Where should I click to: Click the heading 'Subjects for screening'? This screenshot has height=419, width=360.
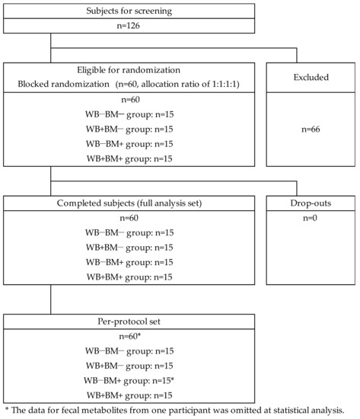click(x=129, y=11)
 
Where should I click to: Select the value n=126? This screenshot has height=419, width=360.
click(x=129, y=26)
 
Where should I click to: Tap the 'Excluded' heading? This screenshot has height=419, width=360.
click(x=311, y=77)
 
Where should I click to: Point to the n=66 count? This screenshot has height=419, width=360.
click(x=311, y=130)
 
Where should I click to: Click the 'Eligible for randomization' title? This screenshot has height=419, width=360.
click(x=129, y=70)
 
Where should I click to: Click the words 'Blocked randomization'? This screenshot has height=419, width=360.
click(x=64, y=84)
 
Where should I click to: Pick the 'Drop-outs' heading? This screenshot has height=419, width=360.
click(x=311, y=203)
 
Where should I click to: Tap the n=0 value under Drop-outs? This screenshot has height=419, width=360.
click(x=310, y=218)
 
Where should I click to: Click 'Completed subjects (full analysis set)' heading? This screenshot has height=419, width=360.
click(x=129, y=203)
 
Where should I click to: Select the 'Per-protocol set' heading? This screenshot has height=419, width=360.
click(x=129, y=321)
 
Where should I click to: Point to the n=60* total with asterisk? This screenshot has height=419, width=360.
click(x=130, y=336)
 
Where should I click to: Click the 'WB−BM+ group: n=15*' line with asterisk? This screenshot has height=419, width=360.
click(x=129, y=380)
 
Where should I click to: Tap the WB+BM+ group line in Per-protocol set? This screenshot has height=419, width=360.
click(x=129, y=395)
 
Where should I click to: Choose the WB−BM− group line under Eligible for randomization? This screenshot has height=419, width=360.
click(x=129, y=114)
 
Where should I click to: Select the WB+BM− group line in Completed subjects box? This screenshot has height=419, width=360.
click(x=129, y=248)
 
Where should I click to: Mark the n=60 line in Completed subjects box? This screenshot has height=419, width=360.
click(x=129, y=218)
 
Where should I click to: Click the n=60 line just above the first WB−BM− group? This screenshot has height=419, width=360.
click(x=131, y=100)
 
